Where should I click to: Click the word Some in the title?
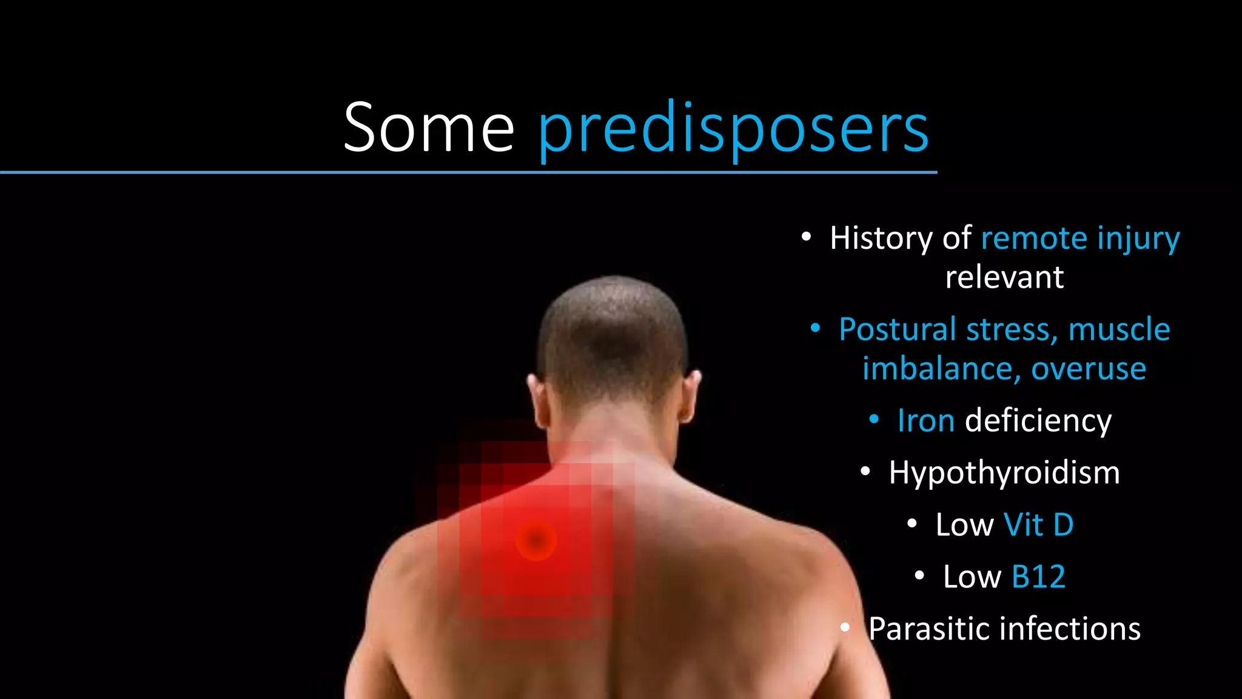[428, 127]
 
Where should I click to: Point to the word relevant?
[1004, 277]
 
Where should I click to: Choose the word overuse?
[1089, 369]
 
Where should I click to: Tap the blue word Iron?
[925, 420]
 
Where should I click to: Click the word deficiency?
[1038, 420]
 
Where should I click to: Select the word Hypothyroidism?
[1004, 472]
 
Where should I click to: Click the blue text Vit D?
[1038, 524]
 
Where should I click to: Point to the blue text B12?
[1038, 576]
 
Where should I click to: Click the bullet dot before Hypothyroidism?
[865, 471]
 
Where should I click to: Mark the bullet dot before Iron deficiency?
[874, 419]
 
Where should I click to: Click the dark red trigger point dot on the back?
[535, 539]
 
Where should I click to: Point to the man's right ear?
[691, 397]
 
